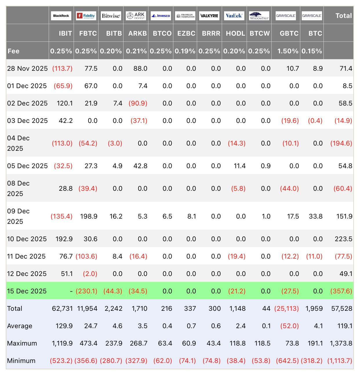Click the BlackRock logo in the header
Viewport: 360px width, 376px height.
click(x=61, y=16)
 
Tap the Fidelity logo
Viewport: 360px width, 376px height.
click(x=86, y=16)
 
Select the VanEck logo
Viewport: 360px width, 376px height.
click(x=234, y=16)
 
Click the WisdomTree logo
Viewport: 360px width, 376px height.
click(x=259, y=16)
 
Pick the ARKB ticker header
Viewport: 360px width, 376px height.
click(x=137, y=33)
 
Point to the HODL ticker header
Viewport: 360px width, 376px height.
click(x=236, y=33)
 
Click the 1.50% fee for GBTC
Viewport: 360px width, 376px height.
click(x=288, y=51)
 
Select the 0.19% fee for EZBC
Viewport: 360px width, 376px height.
click(x=185, y=51)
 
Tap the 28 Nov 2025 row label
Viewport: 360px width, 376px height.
click(x=27, y=68)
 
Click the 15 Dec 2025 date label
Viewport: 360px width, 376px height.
click(x=27, y=291)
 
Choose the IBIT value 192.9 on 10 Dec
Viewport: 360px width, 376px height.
click(x=64, y=239)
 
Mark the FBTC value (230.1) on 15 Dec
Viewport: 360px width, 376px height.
click(x=86, y=291)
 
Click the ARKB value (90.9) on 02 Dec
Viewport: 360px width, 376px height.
click(x=138, y=103)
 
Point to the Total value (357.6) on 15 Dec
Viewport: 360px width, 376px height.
click(x=341, y=291)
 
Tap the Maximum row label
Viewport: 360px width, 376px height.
click(x=22, y=343)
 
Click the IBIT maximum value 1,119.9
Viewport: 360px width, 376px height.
click(x=62, y=343)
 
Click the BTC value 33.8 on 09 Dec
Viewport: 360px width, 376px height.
click(x=316, y=216)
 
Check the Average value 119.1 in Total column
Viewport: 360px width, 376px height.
click(x=345, y=326)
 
